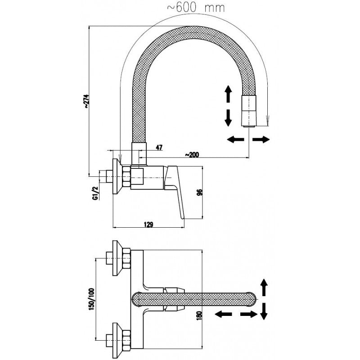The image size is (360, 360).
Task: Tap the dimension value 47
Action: [159, 147]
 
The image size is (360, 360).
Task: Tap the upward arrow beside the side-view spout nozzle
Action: [228, 95]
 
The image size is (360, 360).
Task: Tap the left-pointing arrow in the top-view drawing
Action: [223, 314]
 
